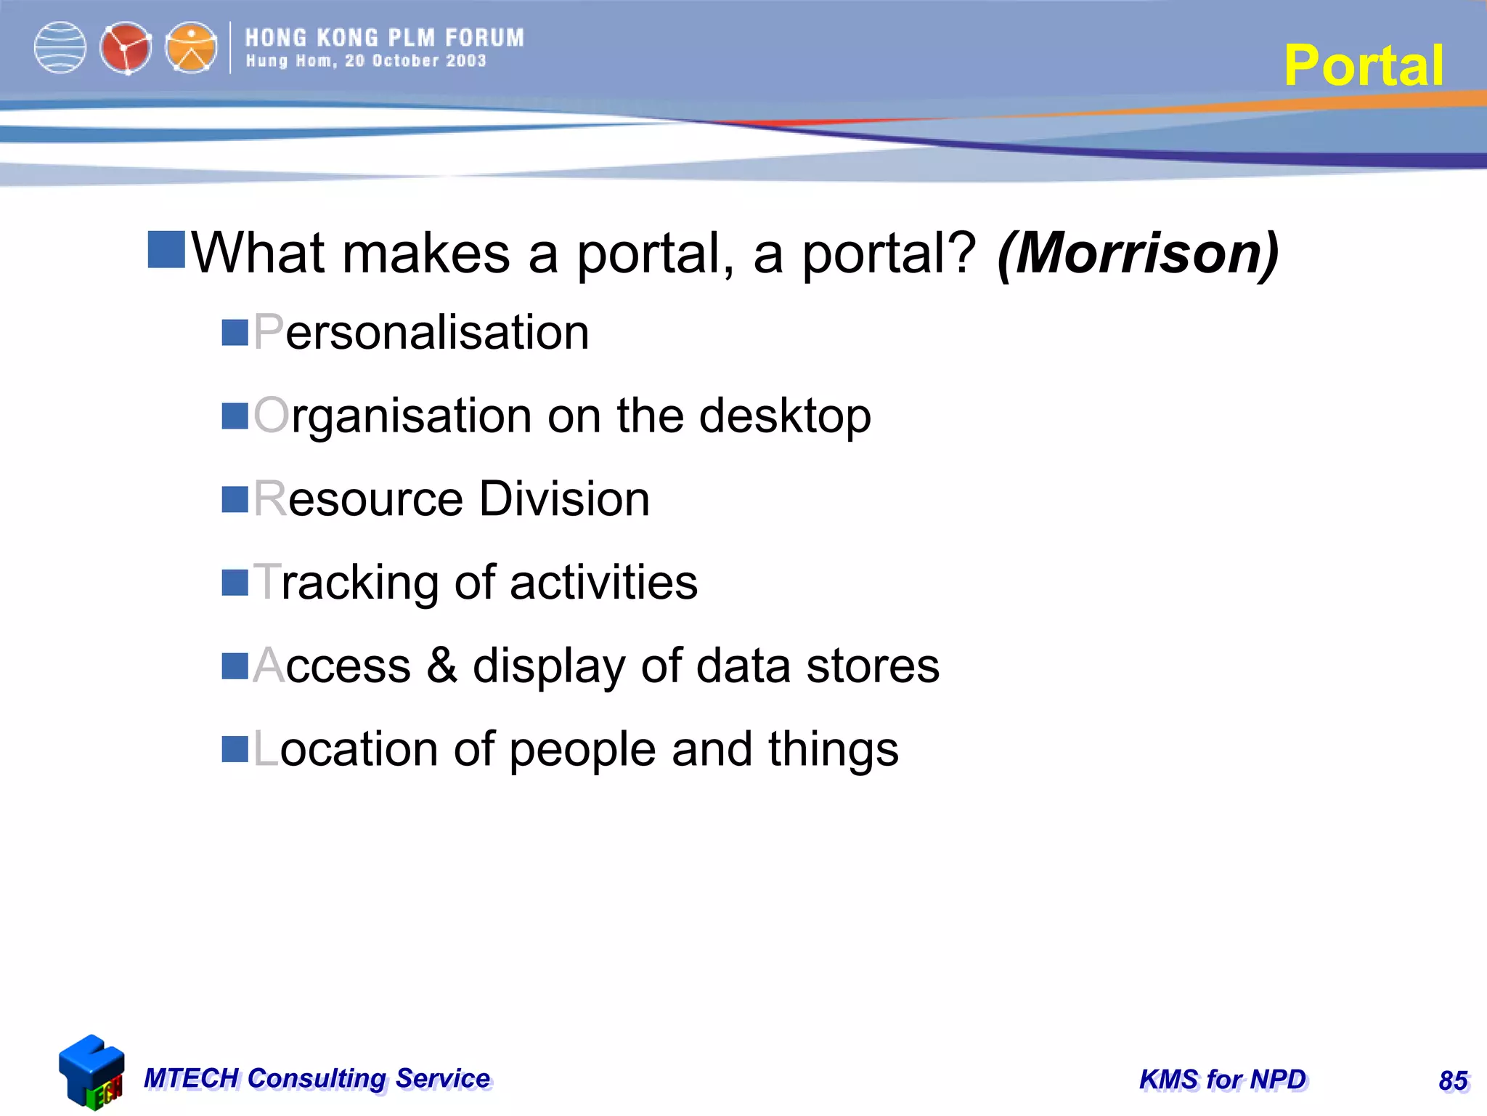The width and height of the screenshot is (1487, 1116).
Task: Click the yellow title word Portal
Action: pos(1363,65)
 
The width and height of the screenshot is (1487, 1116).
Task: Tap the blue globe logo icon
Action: pos(60,48)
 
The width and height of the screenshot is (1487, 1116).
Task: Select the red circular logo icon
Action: pos(126,48)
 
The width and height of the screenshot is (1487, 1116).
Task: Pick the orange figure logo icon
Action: pos(191,48)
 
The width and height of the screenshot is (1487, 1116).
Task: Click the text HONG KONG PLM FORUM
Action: pos(384,38)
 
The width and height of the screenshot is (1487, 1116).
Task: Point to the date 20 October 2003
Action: pos(415,61)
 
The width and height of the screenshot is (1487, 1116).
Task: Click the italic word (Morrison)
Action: pos(1138,253)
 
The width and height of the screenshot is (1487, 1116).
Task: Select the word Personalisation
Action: pos(421,333)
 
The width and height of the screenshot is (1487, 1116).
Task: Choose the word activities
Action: pos(603,583)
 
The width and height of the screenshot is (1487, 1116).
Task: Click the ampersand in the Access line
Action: pos(441,666)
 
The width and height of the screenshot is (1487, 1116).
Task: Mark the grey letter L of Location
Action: pos(265,749)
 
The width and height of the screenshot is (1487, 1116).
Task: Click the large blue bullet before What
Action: pos(166,250)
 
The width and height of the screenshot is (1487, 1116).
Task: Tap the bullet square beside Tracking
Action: pos(235,583)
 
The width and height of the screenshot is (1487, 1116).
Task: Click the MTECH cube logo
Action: pos(91,1072)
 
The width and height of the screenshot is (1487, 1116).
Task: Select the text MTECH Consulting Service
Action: pos(317,1078)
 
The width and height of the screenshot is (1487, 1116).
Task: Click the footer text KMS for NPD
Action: pos(1223,1080)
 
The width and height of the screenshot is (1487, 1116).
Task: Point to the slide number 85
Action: pos(1453,1081)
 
